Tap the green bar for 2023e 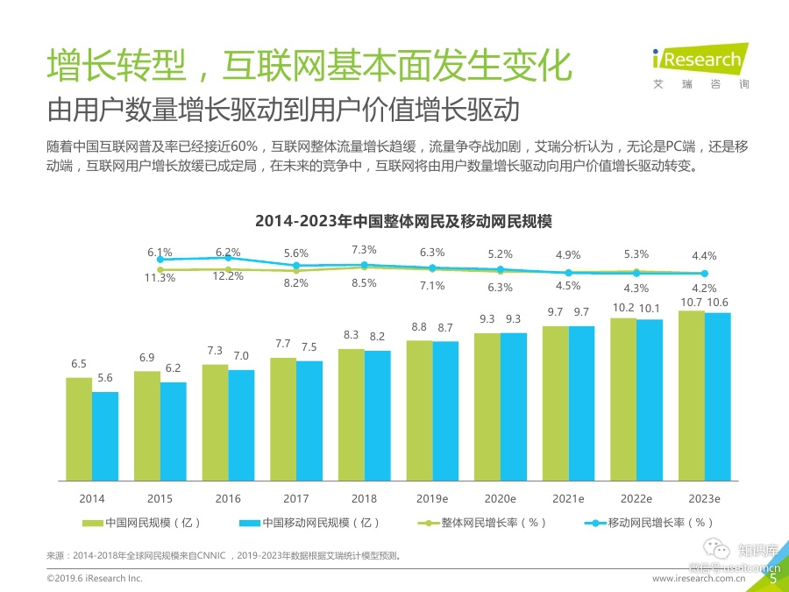691,395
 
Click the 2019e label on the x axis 432,498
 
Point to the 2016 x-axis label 228,498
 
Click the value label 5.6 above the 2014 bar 105,378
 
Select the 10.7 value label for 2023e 691,302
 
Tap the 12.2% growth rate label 228,275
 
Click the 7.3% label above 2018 364,249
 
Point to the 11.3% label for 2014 160,277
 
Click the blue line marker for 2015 228,258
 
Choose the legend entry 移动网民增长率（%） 650,523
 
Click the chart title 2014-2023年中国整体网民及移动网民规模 403,220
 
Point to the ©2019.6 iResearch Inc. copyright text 94,579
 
